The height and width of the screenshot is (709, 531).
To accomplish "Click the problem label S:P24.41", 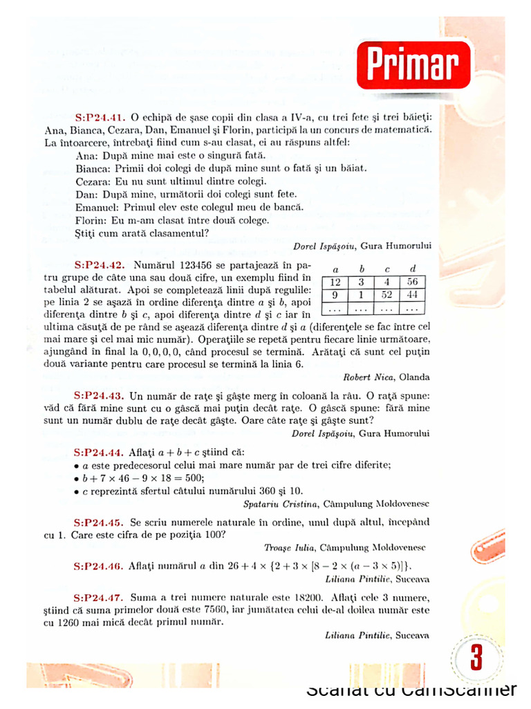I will click(100, 118).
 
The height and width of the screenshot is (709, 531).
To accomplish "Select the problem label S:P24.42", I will click(100, 266).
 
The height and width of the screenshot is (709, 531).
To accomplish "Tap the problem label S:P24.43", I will click(100, 396).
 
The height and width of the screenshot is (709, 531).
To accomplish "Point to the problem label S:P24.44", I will click(100, 451).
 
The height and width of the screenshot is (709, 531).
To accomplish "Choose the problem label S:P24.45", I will click(100, 521).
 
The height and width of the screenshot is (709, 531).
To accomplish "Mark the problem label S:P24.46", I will click(100, 566).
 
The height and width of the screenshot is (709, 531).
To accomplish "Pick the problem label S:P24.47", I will click(100, 597).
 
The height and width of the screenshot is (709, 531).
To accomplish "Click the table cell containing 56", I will click(413, 282).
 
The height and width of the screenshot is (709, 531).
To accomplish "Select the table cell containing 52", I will click(386, 295).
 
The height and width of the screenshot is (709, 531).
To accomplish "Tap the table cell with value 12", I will click(335, 282).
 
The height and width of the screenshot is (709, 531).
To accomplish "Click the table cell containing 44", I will click(413, 295).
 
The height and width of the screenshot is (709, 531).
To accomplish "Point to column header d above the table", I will click(413, 269).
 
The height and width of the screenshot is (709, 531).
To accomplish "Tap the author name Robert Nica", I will click(367, 377).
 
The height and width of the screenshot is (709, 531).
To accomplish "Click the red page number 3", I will click(476, 658).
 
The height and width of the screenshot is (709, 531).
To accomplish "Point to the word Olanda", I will click(414, 377).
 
